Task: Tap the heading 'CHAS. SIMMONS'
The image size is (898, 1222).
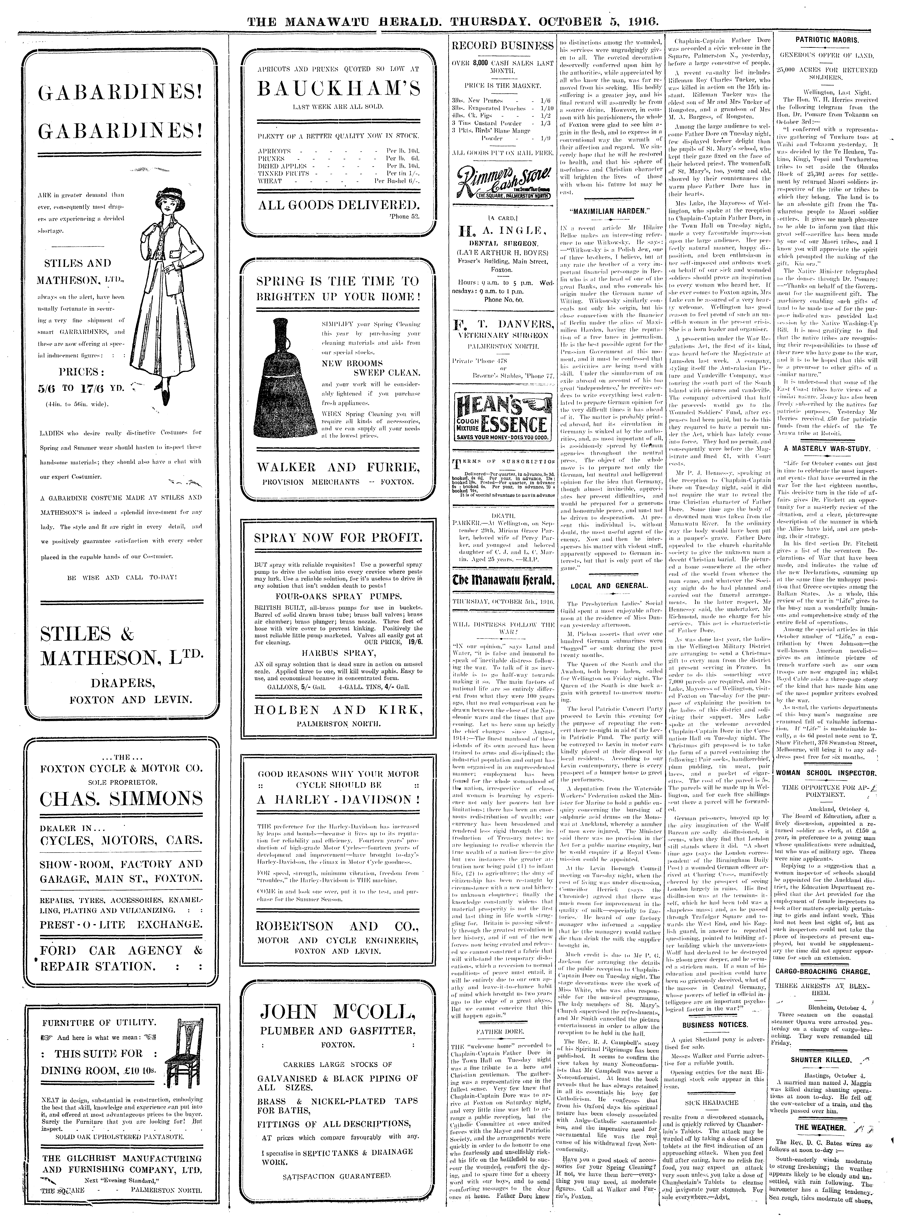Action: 121,799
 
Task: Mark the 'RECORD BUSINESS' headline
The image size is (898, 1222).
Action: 502,46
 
